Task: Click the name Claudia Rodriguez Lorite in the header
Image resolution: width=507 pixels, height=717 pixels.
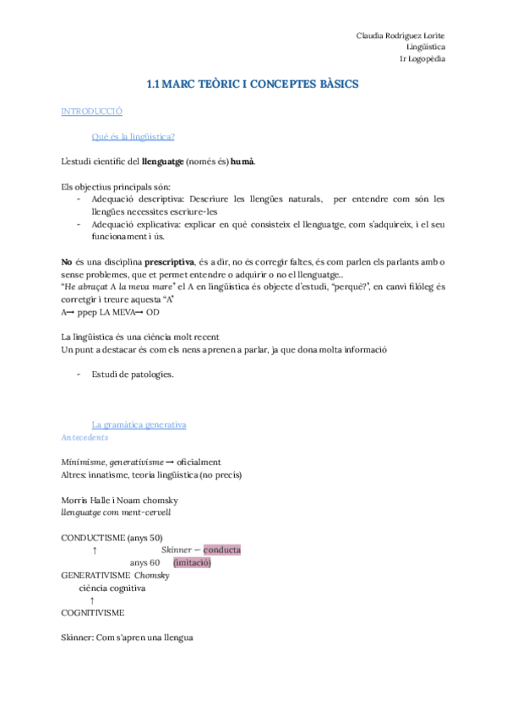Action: pos(401,35)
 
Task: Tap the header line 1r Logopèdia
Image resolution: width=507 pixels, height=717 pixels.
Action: pos(423,58)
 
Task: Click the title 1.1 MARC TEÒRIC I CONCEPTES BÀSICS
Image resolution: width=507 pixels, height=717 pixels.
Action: pos(253,85)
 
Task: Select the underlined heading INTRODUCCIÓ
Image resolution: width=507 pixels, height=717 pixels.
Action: pos(92,112)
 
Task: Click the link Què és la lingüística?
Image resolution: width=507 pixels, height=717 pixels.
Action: pos(133,136)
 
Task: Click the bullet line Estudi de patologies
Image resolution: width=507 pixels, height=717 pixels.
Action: pos(133,375)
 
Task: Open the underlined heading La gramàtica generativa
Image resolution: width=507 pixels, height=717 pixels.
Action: pos(139,424)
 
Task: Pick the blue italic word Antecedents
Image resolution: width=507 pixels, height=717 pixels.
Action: pos(84,437)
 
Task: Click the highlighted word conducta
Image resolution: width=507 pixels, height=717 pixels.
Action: pos(216,550)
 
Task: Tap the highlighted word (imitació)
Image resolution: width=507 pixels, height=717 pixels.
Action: pos(191,562)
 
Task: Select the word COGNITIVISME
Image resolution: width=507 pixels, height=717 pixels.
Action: pos(93,611)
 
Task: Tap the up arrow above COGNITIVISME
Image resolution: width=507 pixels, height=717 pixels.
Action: pos(91,599)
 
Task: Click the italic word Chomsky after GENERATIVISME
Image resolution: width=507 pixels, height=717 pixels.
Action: pos(152,575)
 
